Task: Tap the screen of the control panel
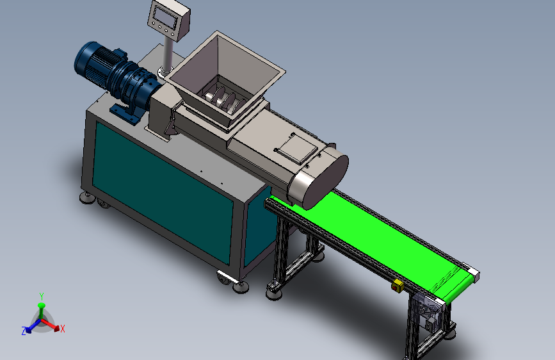(x=166, y=17)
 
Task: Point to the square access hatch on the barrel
(x=296, y=149)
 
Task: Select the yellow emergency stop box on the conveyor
(x=398, y=286)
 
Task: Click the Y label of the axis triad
(x=42, y=296)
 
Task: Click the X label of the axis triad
(x=63, y=329)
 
